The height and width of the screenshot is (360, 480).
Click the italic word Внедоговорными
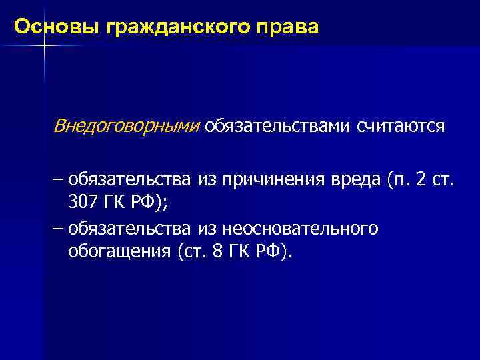click(127, 126)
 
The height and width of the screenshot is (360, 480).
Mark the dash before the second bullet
click(58, 229)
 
